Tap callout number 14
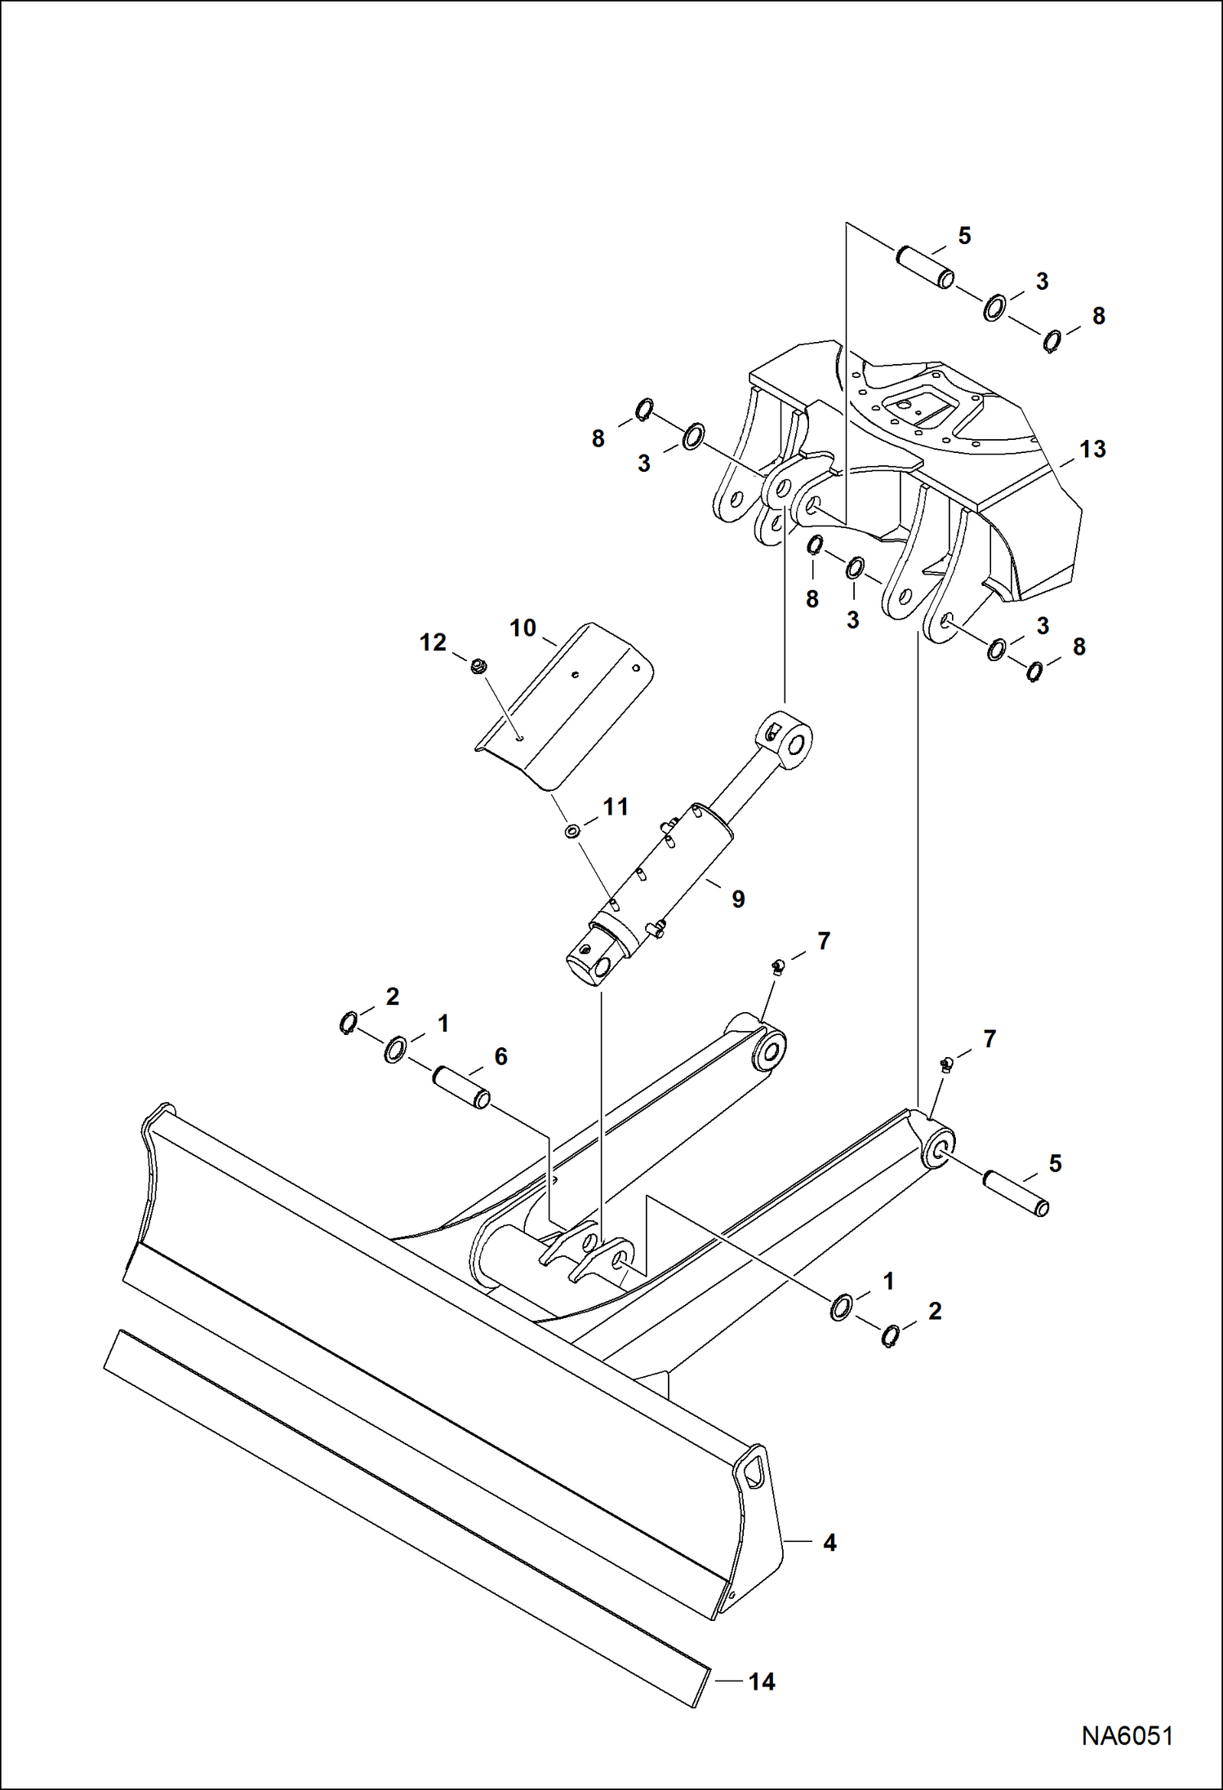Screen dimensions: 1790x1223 pyautogui.click(x=762, y=1681)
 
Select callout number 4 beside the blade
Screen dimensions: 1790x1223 pyautogui.click(x=829, y=1542)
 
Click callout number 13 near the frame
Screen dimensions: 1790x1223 pyautogui.click(x=1092, y=449)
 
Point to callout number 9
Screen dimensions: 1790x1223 pyautogui.click(x=737, y=899)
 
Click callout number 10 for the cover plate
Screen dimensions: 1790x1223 pyautogui.click(x=523, y=628)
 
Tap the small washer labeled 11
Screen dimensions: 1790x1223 pyautogui.click(x=572, y=831)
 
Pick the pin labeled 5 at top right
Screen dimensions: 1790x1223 pyautogui.click(x=925, y=268)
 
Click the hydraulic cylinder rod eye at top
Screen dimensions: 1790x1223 pyautogui.click(x=789, y=739)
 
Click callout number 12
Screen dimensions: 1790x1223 pyautogui.click(x=433, y=642)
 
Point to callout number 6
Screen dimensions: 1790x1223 pyautogui.click(x=500, y=1056)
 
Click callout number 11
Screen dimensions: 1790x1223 pyautogui.click(x=615, y=807)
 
